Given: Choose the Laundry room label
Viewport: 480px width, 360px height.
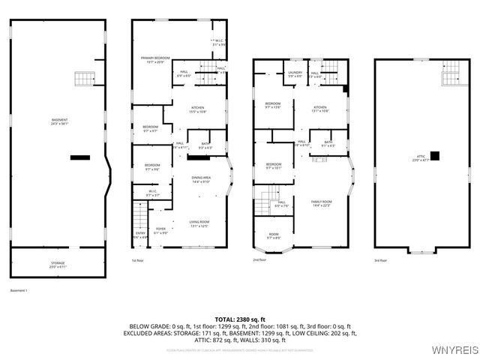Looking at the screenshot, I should pyautogui.click(x=295, y=74).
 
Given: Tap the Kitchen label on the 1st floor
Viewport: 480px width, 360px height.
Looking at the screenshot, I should pyautogui.click(x=197, y=109).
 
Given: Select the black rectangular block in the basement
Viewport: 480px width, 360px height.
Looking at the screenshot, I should pyautogui.click(x=78, y=157).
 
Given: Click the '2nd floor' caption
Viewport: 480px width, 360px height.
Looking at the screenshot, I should pyautogui.click(x=261, y=261).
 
